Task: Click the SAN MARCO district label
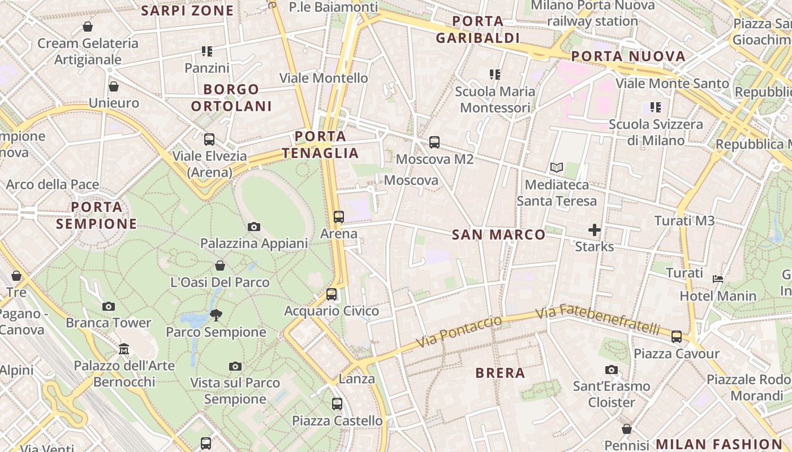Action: [498, 234]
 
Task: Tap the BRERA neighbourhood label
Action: [500, 373]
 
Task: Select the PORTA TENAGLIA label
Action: [320, 145]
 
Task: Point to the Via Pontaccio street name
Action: [459, 332]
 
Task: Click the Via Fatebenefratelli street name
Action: [598, 319]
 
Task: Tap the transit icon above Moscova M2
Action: [434, 142]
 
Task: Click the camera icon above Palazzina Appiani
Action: [254, 227]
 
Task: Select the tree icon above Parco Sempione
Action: [216, 315]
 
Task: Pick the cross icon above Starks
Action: [594, 230]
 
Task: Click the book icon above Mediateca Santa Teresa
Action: [557, 168]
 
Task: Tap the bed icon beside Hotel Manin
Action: [718, 279]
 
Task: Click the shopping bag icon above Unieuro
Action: [114, 86]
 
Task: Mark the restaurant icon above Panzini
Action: [207, 51]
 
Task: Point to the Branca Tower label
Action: [109, 323]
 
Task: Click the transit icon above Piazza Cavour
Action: [676, 337]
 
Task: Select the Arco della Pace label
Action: [53, 184]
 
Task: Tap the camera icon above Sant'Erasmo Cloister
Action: [612, 370]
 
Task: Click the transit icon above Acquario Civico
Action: [332, 294]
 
